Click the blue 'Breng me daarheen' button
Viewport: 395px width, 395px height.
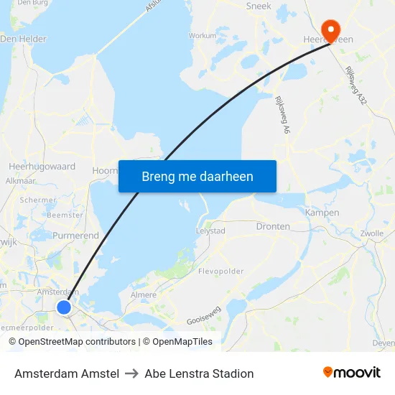pyautogui.click(x=197, y=176)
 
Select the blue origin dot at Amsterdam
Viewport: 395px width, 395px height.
pyautogui.click(x=64, y=307)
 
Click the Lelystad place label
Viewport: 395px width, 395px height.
pyautogui.click(x=210, y=231)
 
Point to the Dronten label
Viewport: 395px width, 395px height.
pyautogui.click(x=273, y=226)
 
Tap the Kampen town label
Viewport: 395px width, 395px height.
pyautogui.click(x=322, y=213)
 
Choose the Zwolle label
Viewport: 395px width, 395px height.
pyautogui.click(x=372, y=233)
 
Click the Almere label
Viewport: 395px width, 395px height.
pyautogui.click(x=144, y=295)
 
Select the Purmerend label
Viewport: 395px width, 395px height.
pyautogui.click(x=75, y=236)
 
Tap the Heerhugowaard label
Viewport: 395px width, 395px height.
pyautogui.click(x=42, y=167)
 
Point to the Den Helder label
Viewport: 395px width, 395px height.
pyautogui.click(x=23, y=39)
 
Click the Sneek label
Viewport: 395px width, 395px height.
pyautogui.click(x=259, y=6)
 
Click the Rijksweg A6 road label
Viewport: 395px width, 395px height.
pyautogui.click(x=281, y=115)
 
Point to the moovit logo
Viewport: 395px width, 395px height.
pyautogui.click(x=352, y=373)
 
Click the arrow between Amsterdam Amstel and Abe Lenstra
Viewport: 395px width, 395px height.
pyautogui.click(x=131, y=373)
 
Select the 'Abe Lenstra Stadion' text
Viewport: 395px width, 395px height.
pyautogui.click(x=199, y=373)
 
